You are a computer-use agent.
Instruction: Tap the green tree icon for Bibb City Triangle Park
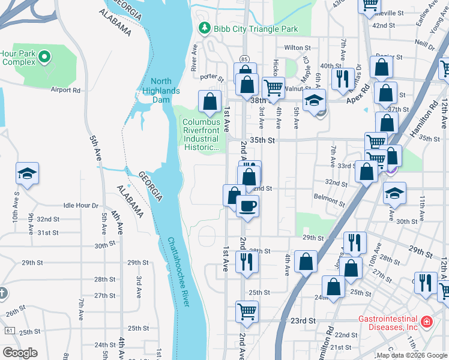(x=204, y=28)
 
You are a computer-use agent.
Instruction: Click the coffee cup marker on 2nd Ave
(x=247, y=207)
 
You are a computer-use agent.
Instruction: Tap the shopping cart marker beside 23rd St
(x=247, y=311)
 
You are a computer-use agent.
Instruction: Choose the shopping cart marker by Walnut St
(x=274, y=88)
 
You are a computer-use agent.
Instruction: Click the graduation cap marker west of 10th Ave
(x=28, y=174)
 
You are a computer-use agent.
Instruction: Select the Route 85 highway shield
(x=243, y=59)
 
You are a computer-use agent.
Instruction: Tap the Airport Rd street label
(x=65, y=90)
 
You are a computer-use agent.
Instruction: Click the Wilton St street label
(x=298, y=47)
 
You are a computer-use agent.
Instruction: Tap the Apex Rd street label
(x=359, y=98)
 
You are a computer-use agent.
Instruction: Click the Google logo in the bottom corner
(x=20, y=353)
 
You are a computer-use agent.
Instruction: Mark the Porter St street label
(x=212, y=77)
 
